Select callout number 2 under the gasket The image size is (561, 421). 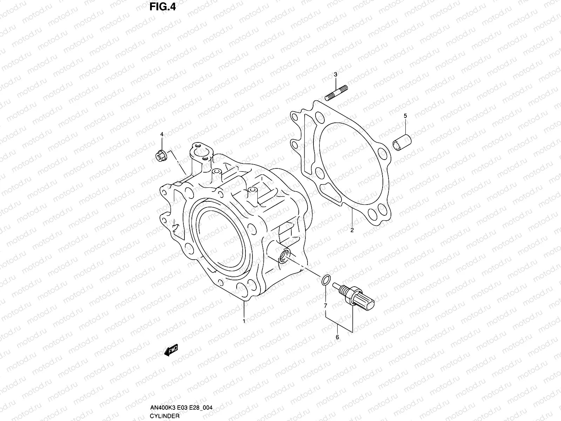click(352, 230)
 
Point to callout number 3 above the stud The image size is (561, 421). click(335, 74)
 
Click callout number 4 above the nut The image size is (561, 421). click(162, 134)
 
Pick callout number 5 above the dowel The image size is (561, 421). click(405, 116)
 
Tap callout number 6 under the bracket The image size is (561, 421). click(337, 338)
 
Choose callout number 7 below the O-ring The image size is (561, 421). click(326, 306)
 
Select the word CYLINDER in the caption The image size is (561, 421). click(165, 416)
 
